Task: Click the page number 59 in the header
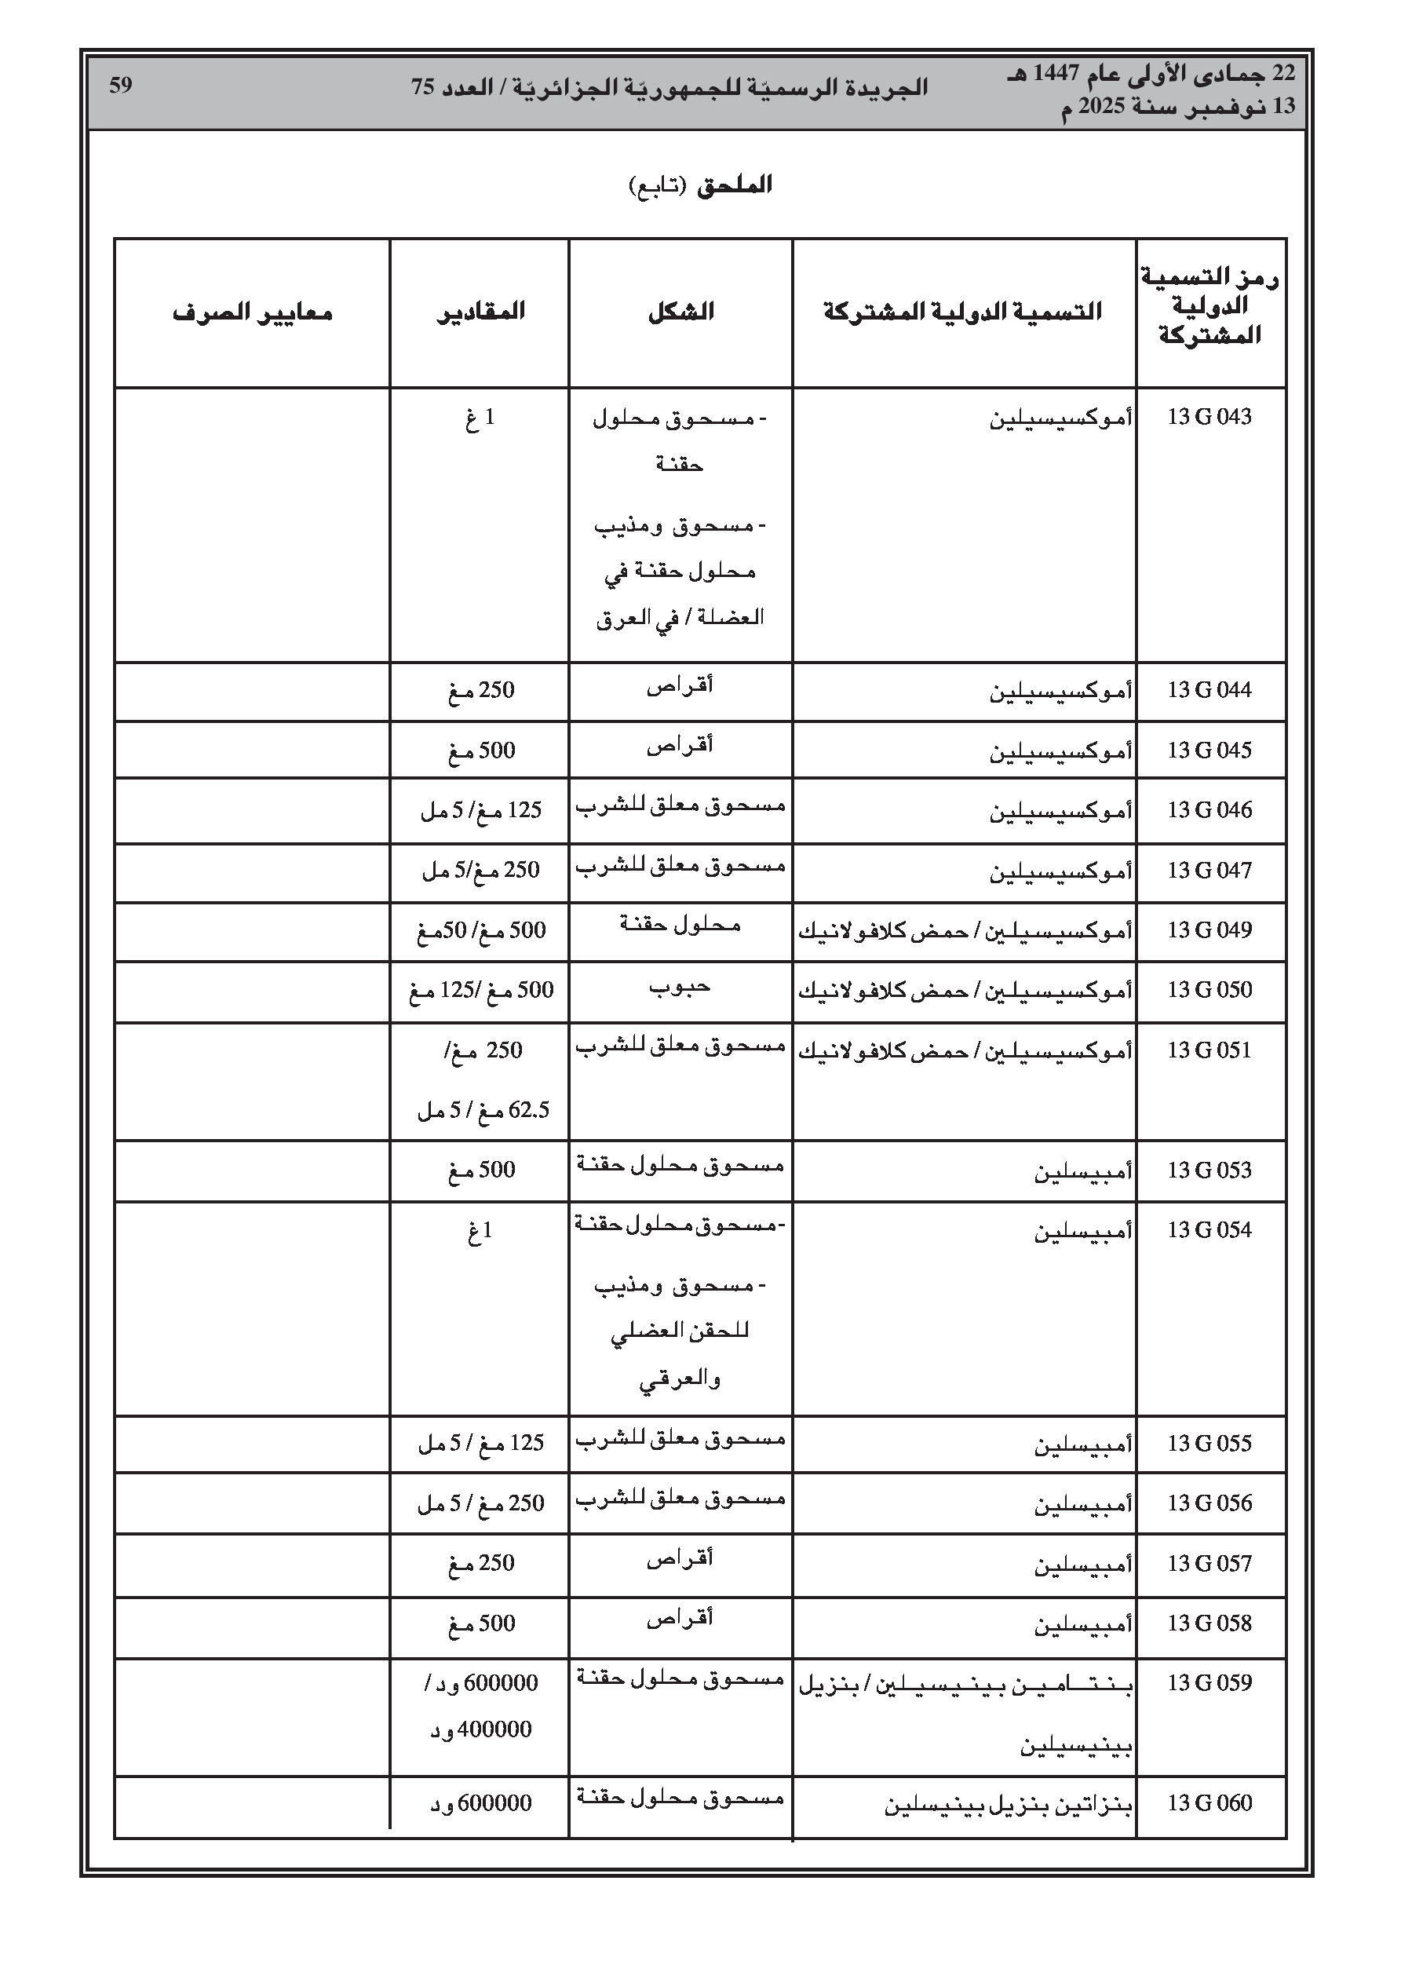121,86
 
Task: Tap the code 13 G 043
1209,417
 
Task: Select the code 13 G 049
1209,930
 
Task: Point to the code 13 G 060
1209,1802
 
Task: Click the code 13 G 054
1209,1230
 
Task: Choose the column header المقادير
480,311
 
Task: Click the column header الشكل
680,311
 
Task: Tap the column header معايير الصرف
252,311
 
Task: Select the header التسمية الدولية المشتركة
962,311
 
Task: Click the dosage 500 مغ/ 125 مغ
481,991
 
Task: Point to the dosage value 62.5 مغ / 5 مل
483,1110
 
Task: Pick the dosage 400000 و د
481,1730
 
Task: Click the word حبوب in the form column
680,986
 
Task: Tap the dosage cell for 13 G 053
481,1170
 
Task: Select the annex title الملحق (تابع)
699,184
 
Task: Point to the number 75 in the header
422,87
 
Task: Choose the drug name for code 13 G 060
1008,1804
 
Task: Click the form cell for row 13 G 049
680,925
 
